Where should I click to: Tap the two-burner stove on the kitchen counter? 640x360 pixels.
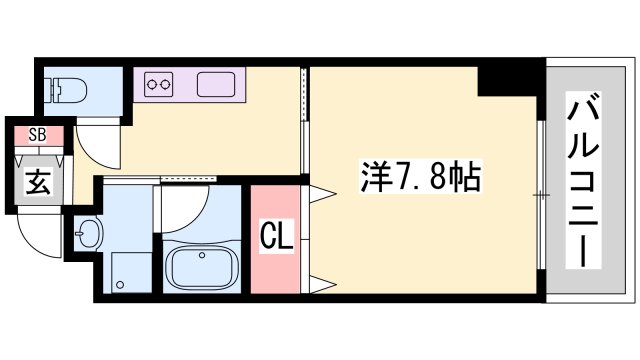[159, 85]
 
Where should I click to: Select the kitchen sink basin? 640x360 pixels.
[215, 85]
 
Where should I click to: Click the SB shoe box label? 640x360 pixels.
[37, 134]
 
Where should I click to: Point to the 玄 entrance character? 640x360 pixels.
[37, 183]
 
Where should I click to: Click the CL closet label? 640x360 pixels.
[276, 238]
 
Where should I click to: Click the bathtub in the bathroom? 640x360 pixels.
[200, 266]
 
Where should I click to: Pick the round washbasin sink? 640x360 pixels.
[88, 236]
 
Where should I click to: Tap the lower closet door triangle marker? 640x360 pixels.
[322, 283]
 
